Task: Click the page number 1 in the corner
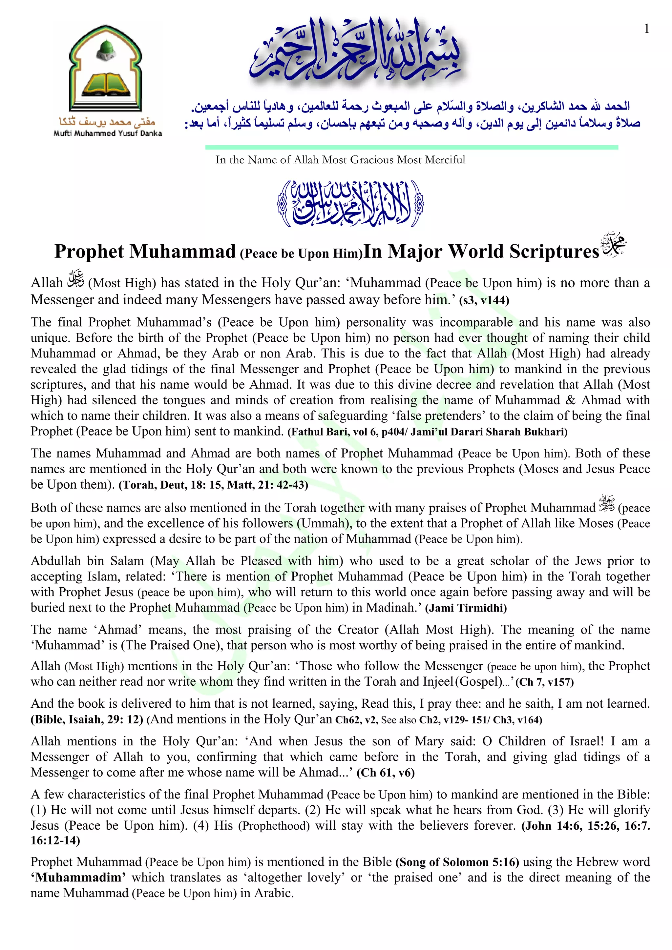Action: tap(647, 29)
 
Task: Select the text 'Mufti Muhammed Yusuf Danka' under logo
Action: tap(108, 133)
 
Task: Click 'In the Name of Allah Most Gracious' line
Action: tap(340, 160)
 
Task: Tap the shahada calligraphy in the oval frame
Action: tap(350, 204)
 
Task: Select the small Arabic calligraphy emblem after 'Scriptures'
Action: tap(614, 247)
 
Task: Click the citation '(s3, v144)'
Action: tap(484, 300)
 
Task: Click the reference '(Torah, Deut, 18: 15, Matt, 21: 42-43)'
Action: tap(213, 485)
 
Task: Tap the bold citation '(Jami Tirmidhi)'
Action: tap(466, 608)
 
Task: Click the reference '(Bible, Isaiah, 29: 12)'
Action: tap(87, 719)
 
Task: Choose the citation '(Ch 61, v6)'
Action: tap(385, 773)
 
